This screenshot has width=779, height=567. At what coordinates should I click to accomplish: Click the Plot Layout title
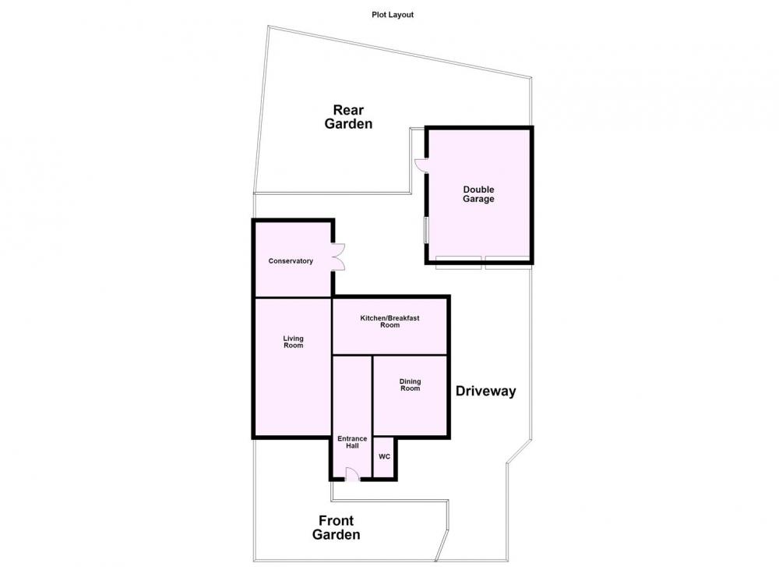[393, 15]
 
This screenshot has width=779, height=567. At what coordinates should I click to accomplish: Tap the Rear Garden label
[348, 117]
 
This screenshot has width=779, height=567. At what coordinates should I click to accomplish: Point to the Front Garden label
[336, 528]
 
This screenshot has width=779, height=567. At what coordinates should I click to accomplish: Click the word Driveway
[485, 392]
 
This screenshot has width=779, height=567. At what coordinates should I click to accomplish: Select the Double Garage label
[478, 194]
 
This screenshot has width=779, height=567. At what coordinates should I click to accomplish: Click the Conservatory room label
[291, 261]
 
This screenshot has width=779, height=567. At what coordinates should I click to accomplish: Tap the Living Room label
[293, 342]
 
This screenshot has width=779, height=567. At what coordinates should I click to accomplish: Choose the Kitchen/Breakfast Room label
[390, 321]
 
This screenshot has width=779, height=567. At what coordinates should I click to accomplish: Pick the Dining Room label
[410, 385]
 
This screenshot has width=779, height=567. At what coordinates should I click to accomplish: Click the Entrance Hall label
[352, 442]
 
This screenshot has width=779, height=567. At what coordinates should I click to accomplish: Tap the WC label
[385, 456]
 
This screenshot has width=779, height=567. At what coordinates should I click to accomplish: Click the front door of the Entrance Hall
[352, 475]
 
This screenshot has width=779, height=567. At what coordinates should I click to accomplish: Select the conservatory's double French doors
[338, 257]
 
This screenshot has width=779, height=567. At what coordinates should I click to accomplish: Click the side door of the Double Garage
[421, 165]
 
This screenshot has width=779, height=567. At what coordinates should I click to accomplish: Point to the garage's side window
[425, 230]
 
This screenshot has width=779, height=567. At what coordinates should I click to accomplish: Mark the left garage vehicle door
[458, 263]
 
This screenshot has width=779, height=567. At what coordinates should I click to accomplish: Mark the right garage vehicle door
[508, 263]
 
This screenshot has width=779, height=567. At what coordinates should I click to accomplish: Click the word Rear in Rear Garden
[348, 110]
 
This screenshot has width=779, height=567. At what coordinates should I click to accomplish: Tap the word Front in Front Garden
[336, 521]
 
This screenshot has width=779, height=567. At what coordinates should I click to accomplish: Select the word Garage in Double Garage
[478, 199]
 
